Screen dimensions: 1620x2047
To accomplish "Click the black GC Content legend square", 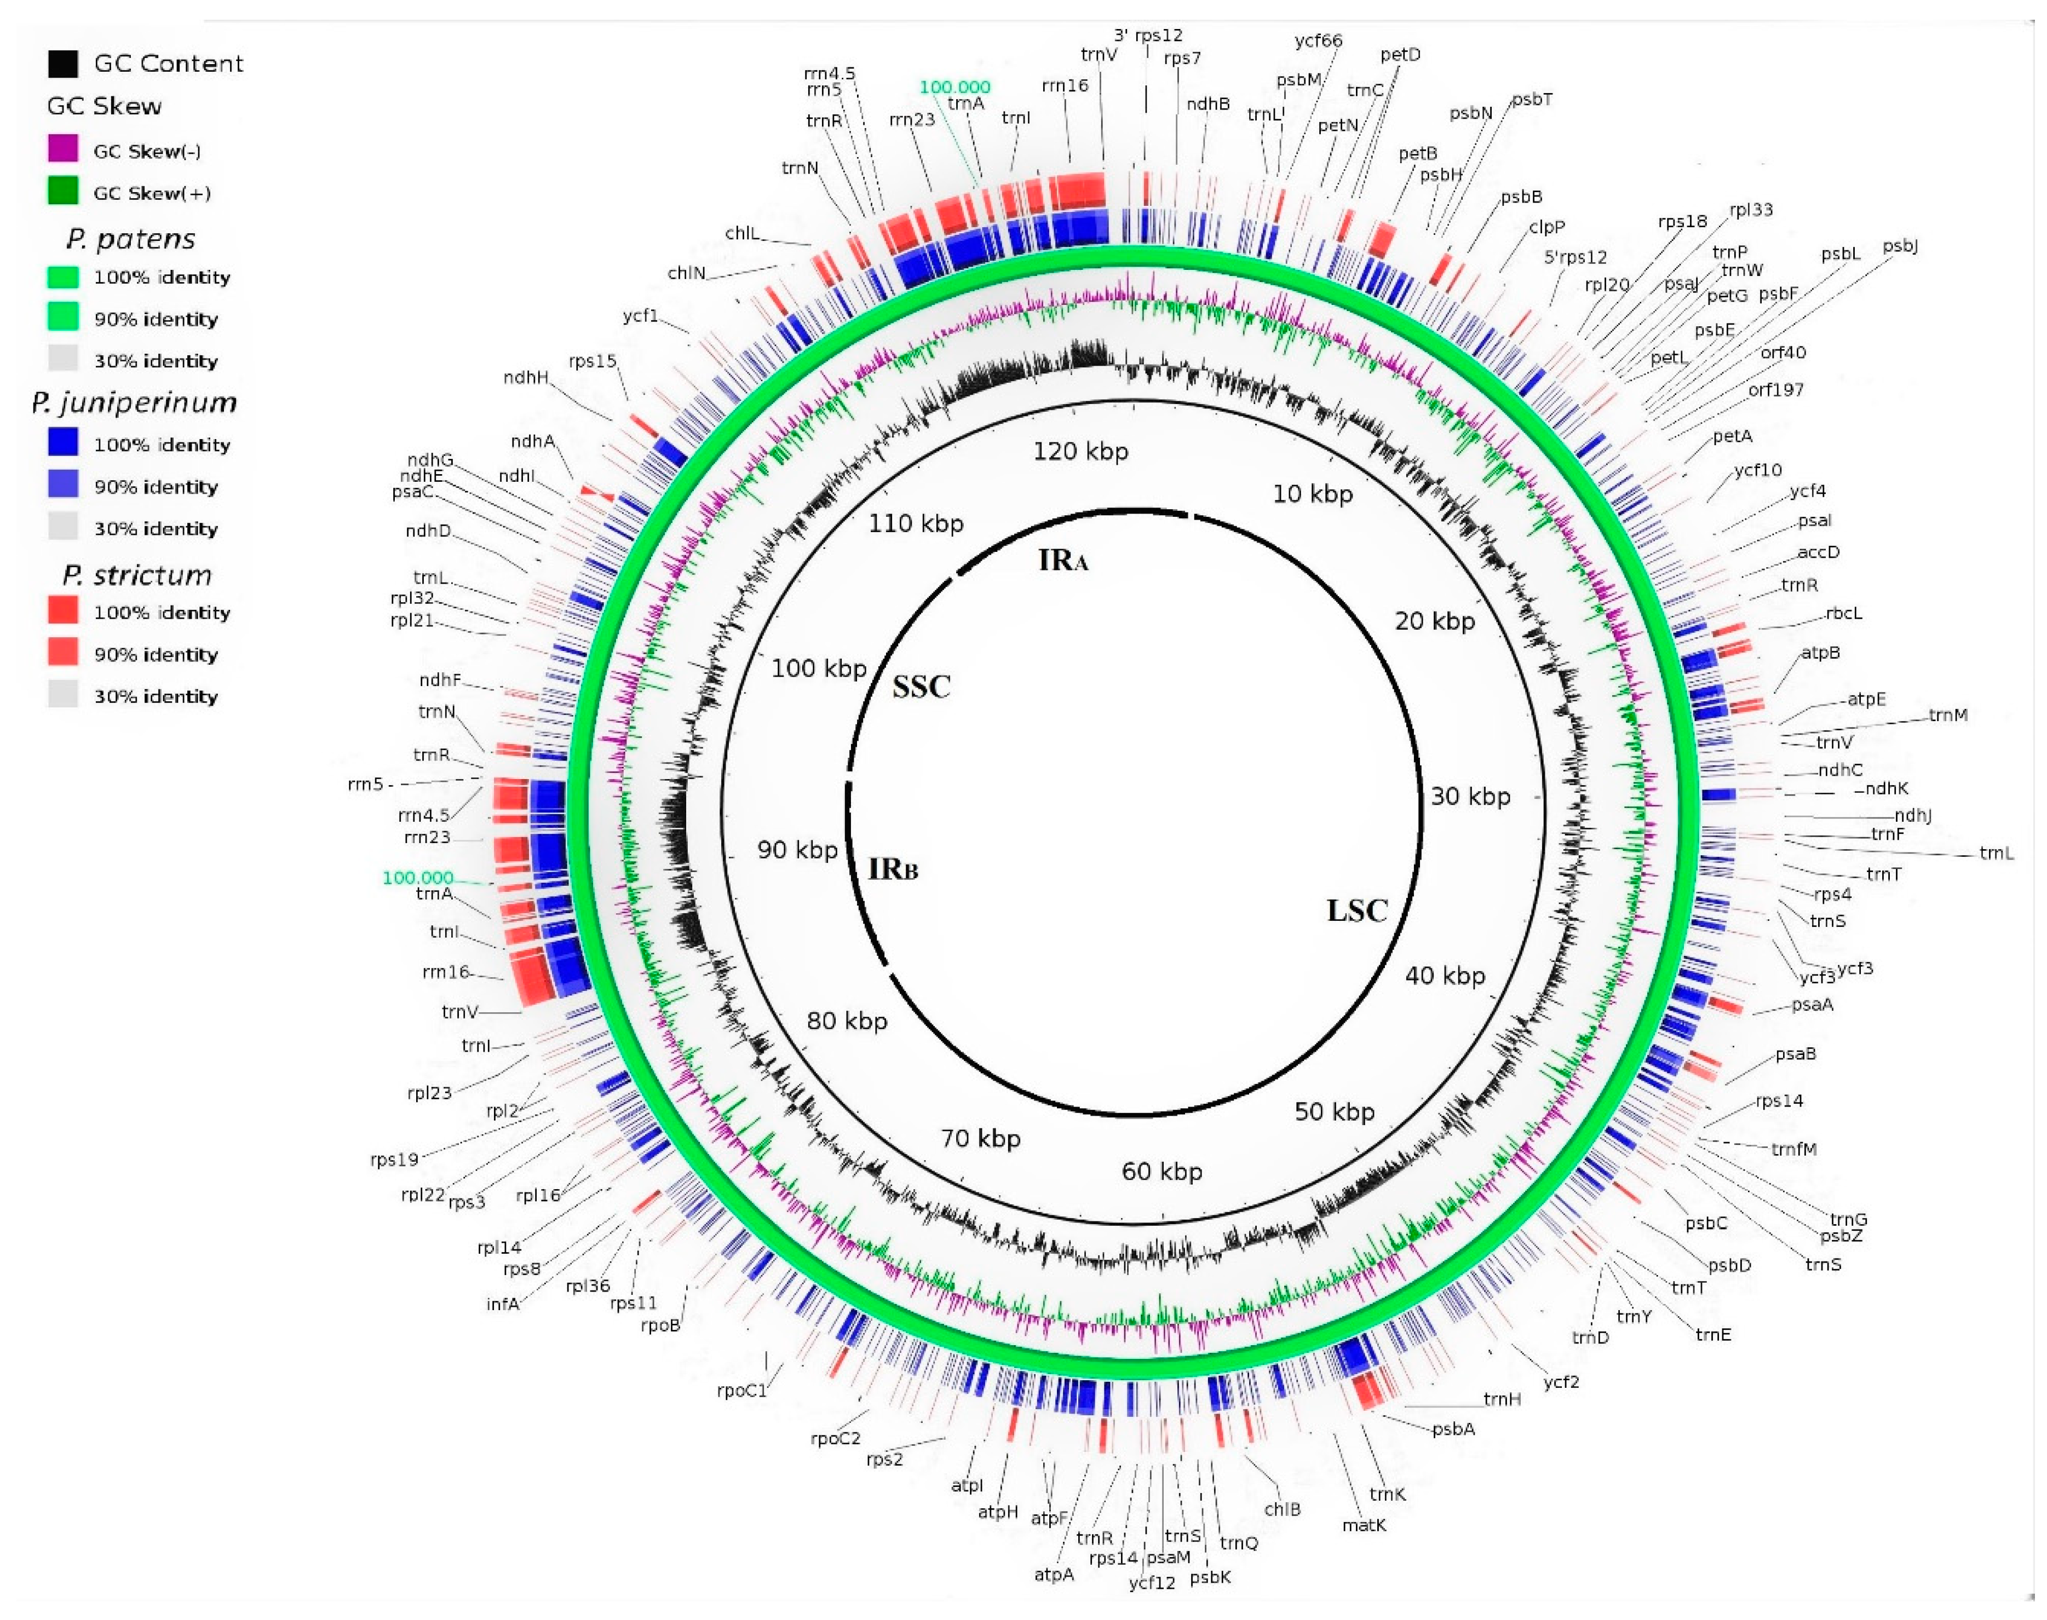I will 62,64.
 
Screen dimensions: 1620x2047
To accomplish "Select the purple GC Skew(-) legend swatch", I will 62,149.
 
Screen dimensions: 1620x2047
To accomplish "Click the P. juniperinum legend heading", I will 134,403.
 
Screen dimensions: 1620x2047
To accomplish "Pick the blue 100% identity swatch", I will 62,443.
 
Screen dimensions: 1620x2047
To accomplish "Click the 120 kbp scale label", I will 1080,452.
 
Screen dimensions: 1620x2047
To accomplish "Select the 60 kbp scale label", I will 1162,1172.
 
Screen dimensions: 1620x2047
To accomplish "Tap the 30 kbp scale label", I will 1469,796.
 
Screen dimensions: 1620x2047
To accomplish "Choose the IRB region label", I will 893,869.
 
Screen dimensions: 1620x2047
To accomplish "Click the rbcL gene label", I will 1843,614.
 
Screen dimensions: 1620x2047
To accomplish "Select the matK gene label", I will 1364,1525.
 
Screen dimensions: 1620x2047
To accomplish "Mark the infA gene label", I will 503,1304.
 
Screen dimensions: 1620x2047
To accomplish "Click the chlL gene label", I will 742,233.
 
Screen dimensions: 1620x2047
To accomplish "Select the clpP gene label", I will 1546,227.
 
